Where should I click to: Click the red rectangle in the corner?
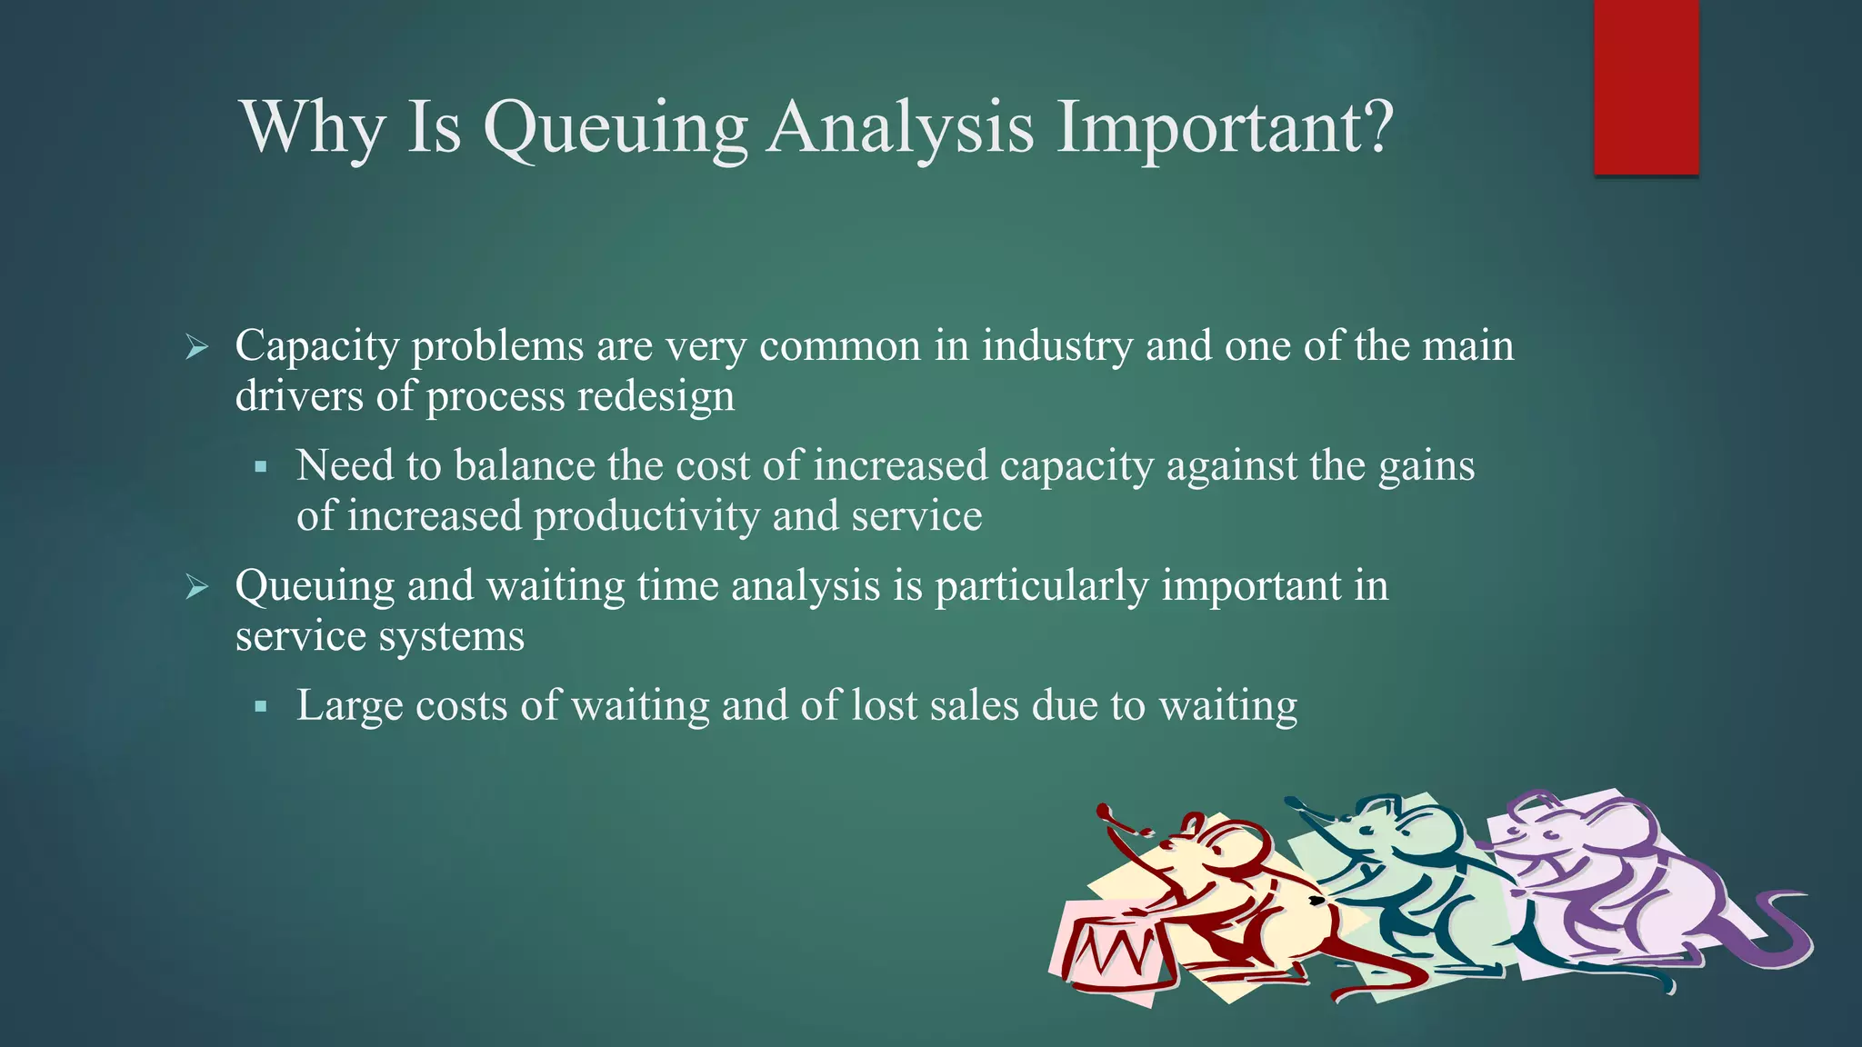pyautogui.click(x=1646, y=87)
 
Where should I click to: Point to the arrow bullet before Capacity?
pyautogui.click(x=196, y=346)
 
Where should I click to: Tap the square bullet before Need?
pyautogui.click(x=261, y=467)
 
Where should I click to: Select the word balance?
pyautogui.click(x=525, y=465)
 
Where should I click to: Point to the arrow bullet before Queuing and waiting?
pyautogui.click(x=196, y=586)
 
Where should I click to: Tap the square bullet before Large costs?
pyautogui.click(x=261, y=706)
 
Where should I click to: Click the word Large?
pyautogui.click(x=349, y=706)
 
